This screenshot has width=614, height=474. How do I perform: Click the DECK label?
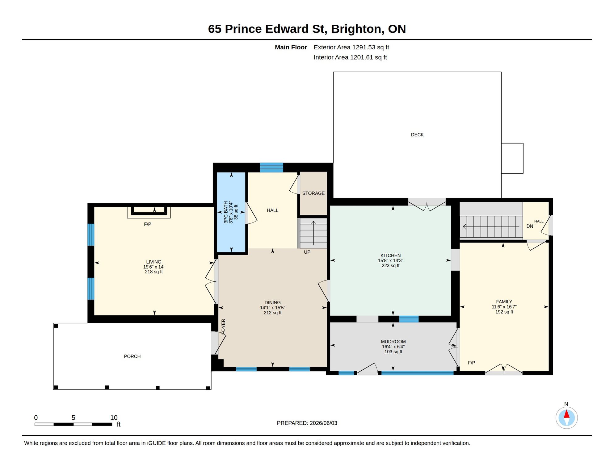pyautogui.click(x=417, y=135)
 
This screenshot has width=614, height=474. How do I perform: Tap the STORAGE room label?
pyautogui.click(x=313, y=193)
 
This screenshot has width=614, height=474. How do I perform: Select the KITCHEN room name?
pyautogui.click(x=391, y=256)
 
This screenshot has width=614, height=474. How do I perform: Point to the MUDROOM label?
pyautogui.click(x=393, y=342)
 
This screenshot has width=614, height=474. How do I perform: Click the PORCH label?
pyautogui.click(x=132, y=356)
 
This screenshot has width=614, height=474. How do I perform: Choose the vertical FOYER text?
pyautogui.click(x=223, y=326)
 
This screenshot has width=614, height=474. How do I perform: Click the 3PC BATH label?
pyautogui.click(x=226, y=212)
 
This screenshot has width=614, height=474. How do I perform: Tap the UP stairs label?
pyautogui.click(x=307, y=252)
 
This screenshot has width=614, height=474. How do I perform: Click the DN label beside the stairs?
pyautogui.click(x=530, y=226)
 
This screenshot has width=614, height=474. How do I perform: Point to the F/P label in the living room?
pyautogui.click(x=148, y=224)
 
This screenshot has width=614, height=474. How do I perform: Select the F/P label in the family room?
pyautogui.click(x=472, y=363)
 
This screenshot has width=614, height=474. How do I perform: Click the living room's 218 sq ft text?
pyautogui.click(x=154, y=272)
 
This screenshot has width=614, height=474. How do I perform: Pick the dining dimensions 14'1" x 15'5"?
pyautogui.click(x=273, y=308)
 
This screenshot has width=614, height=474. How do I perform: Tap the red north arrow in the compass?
pyautogui.click(x=567, y=414)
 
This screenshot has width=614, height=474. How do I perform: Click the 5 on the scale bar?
pyautogui.click(x=74, y=418)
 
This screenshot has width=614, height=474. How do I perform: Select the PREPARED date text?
pyautogui.click(x=307, y=423)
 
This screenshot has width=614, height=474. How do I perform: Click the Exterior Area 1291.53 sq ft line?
pyautogui.click(x=351, y=48)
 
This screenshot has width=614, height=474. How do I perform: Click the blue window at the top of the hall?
pyautogui.click(x=271, y=168)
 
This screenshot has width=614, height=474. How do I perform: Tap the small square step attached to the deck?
pyautogui.click(x=512, y=158)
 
